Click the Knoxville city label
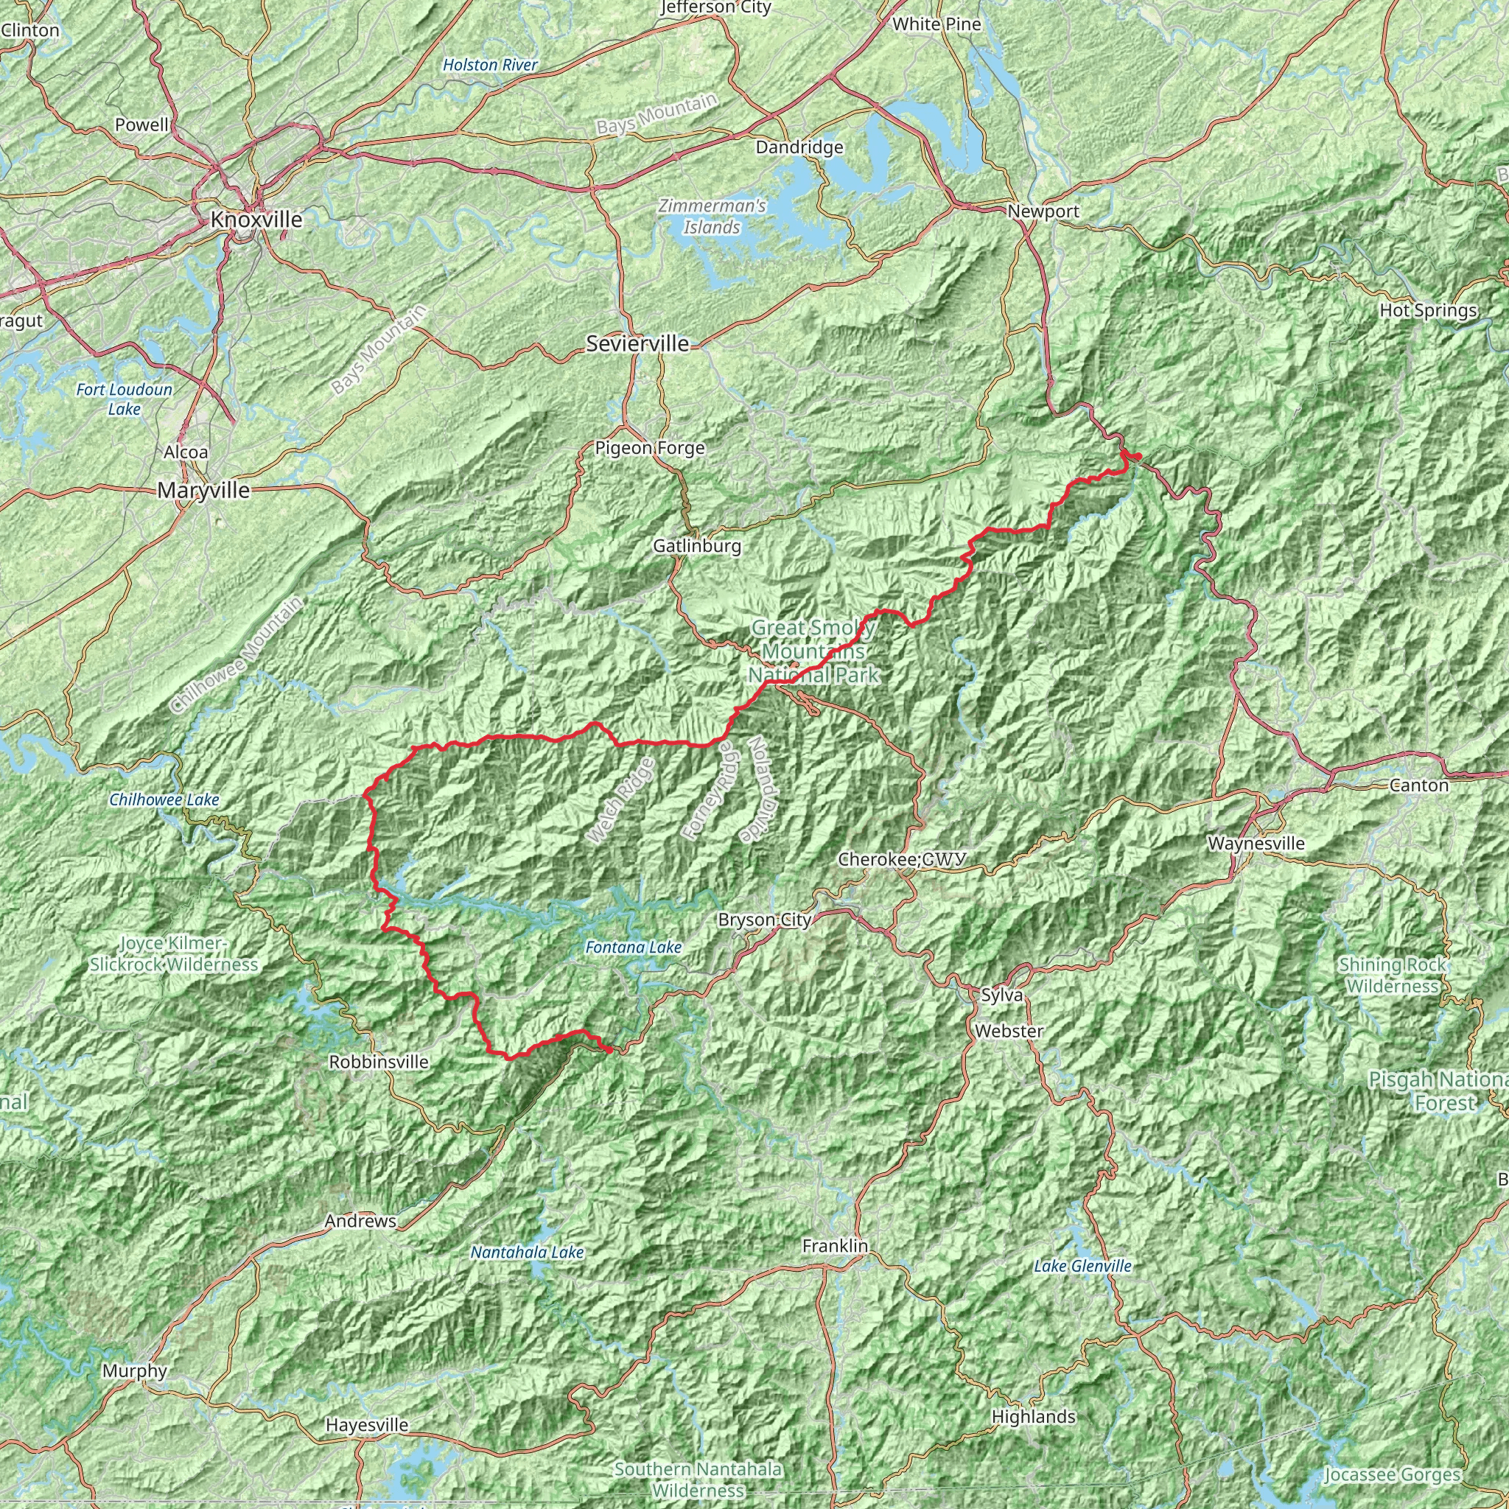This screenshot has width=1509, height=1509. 256,220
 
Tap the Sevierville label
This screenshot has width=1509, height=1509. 638,343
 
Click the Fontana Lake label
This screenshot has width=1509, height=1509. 634,948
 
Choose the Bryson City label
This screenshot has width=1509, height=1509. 766,920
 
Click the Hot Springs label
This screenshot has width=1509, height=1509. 1429,310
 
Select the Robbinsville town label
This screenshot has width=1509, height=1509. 379,1062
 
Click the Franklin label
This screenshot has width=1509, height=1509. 835,1246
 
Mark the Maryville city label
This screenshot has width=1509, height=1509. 204,491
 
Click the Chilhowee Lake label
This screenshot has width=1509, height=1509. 164,799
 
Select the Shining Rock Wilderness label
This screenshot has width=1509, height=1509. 1392,976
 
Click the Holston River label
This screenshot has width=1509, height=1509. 490,66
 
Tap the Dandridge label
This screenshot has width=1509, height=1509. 799,147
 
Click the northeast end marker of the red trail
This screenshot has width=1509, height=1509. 1138,455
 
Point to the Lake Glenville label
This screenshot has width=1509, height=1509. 1082,1266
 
